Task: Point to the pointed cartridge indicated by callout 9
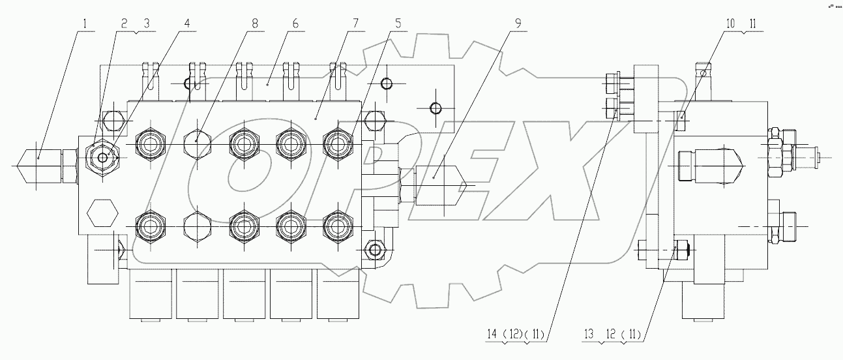[x=441, y=185]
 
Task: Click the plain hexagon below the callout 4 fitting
[x=101, y=212]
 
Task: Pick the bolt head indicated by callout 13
[x=682, y=248]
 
